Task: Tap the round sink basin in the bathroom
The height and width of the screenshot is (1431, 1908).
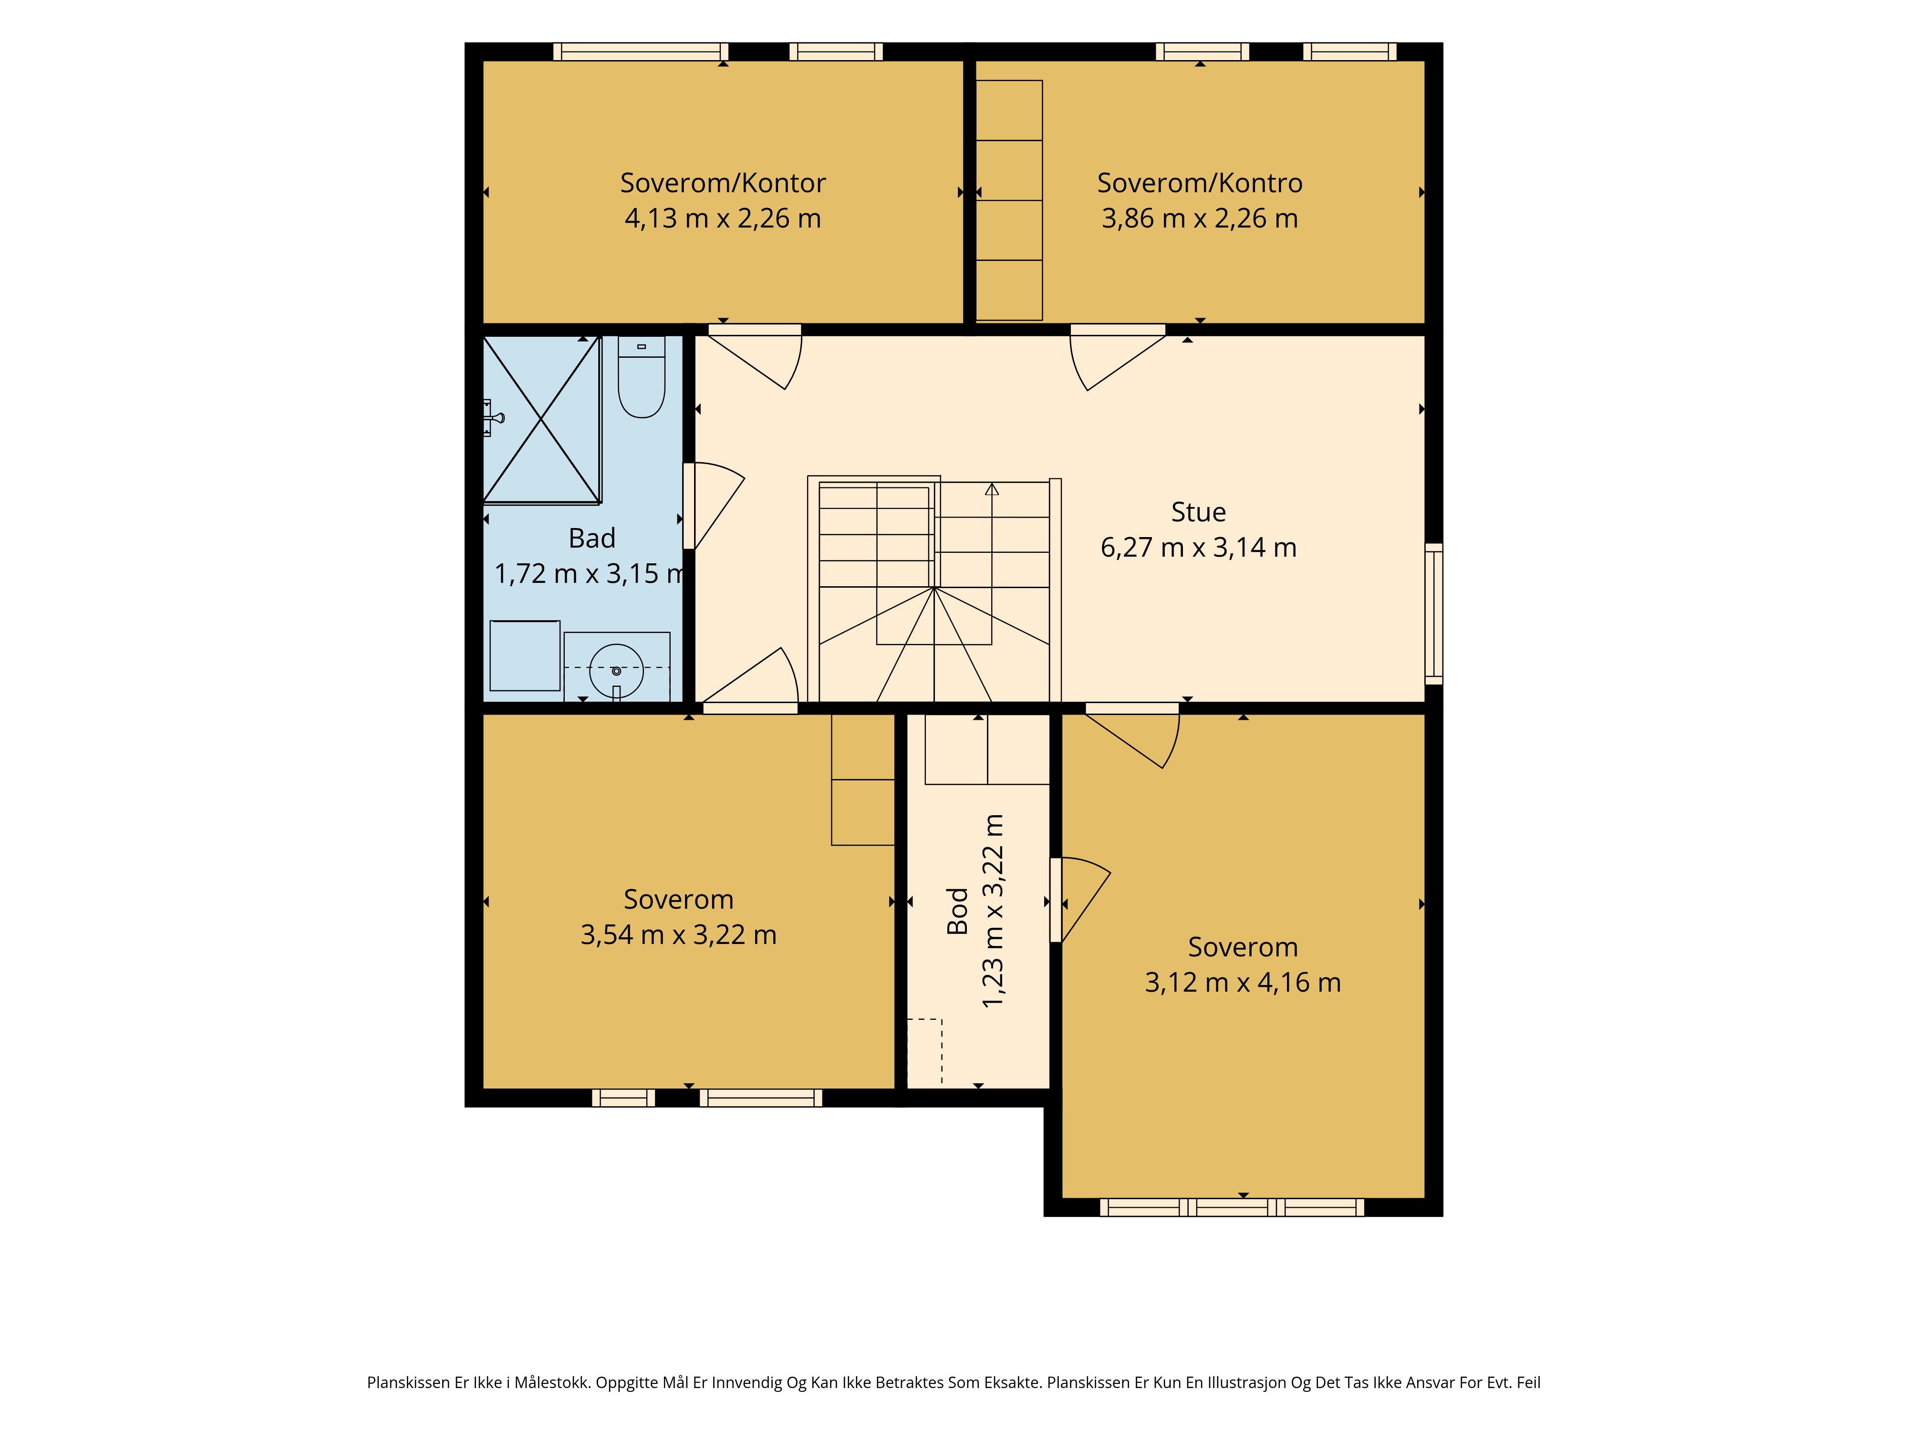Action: (616, 670)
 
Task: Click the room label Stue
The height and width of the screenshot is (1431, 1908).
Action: (1198, 512)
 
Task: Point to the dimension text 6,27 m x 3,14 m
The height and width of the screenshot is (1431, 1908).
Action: (1198, 548)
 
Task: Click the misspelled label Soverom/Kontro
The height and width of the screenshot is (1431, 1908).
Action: (1199, 183)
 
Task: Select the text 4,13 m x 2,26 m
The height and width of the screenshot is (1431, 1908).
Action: (722, 218)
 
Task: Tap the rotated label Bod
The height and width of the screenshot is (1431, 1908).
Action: (957, 911)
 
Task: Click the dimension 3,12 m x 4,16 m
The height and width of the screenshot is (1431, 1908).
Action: (1242, 983)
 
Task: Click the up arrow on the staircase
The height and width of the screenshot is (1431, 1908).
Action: (992, 489)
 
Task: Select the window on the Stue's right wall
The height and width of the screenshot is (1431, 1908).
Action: (1433, 613)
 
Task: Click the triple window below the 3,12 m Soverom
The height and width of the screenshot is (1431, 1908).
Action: (1232, 1208)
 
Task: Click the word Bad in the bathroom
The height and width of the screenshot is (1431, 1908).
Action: (592, 538)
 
